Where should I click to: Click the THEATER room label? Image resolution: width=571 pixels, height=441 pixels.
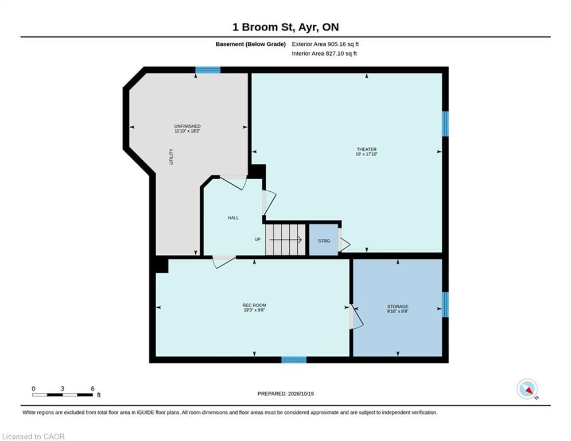[367, 149]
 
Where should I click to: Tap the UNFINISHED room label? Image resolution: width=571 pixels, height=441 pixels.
[188, 126]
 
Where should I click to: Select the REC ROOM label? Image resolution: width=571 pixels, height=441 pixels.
[254, 305]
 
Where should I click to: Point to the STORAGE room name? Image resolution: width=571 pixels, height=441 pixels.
[398, 307]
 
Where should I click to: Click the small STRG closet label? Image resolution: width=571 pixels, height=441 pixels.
[324, 241]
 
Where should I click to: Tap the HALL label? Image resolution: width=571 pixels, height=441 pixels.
[234, 218]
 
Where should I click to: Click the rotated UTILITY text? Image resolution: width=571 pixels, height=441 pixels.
[171, 157]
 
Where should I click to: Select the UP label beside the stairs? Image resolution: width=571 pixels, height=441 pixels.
[258, 239]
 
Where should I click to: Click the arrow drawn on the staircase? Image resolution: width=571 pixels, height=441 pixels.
[286, 240]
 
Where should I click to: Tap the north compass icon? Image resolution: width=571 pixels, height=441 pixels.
[527, 389]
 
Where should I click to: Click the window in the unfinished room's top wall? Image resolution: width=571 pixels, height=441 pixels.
[208, 70]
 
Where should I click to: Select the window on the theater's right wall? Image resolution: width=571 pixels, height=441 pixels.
[445, 124]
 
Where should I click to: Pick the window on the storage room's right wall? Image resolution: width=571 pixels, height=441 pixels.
[445, 304]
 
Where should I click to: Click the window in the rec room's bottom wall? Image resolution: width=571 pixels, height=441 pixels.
[294, 359]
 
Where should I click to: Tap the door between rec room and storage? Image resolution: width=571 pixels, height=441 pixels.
[356, 317]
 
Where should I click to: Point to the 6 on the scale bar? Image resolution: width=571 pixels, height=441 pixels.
[92, 389]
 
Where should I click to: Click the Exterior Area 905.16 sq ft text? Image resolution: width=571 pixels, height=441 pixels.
[325, 44]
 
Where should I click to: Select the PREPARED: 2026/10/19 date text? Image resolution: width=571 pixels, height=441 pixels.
[286, 393]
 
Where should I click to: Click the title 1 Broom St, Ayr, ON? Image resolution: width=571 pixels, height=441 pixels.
[286, 27]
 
